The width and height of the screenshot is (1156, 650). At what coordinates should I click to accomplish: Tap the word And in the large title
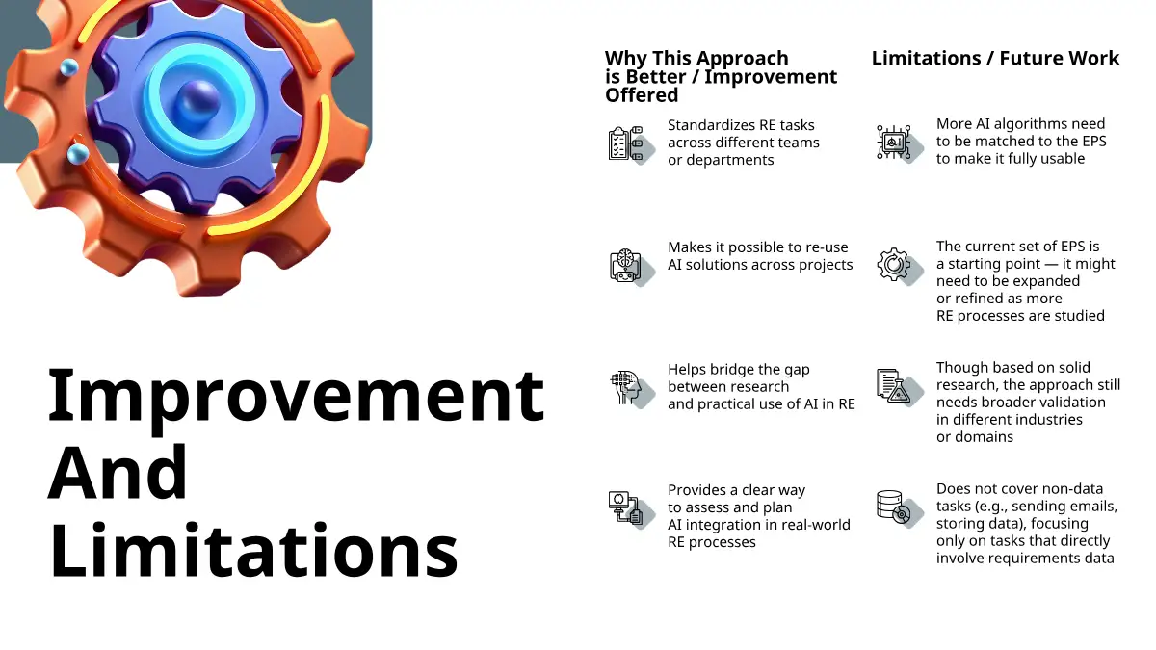(x=118, y=472)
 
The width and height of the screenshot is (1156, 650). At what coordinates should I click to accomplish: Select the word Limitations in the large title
(x=253, y=550)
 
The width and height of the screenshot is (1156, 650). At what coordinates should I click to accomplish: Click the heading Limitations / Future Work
(x=995, y=58)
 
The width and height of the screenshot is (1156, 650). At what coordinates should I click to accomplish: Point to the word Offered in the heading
(x=642, y=95)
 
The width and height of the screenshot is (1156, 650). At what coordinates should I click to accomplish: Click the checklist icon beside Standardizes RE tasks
(x=631, y=143)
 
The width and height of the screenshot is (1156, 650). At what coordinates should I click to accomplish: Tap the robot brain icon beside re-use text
(x=631, y=267)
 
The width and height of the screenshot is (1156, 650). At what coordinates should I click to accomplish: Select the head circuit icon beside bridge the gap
(x=631, y=389)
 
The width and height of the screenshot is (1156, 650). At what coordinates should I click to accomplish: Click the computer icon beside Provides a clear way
(x=631, y=509)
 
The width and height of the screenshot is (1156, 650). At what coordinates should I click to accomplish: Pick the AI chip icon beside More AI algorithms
(x=899, y=143)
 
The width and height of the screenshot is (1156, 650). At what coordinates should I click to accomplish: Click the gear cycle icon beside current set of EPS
(x=899, y=266)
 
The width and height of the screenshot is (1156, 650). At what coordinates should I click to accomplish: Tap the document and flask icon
(x=899, y=387)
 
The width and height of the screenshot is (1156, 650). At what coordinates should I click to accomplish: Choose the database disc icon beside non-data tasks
(x=899, y=508)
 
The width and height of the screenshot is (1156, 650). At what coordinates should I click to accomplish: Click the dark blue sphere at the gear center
(x=197, y=100)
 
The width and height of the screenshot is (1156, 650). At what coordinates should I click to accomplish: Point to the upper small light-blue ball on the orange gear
(x=68, y=67)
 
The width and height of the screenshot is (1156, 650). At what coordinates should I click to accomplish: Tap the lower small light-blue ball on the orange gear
(x=78, y=154)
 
